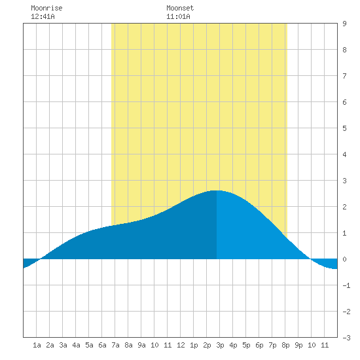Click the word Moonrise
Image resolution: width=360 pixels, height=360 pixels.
[x=46, y=9]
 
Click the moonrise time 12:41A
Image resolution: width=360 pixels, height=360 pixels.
[x=43, y=16]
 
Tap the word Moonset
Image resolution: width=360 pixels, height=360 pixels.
[x=180, y=9]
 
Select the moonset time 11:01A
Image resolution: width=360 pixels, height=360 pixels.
[x=178, y=16]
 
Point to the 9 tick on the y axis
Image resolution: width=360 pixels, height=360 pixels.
[x=344, y=24]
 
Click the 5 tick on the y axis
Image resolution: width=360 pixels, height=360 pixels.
[x=344, y=128]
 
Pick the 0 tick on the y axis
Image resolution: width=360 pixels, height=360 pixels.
[x=344, y=259]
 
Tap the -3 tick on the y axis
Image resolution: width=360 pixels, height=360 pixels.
[x=346, y=338]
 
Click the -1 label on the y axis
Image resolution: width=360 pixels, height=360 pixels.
[x=346, y=285]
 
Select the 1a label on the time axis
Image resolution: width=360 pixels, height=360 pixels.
[x=37, y=345]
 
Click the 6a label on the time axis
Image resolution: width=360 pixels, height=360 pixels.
[x=102, y=345]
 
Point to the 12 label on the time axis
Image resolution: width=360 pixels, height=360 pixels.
[x=181, y=345]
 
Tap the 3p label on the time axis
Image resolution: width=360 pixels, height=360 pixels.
[x=220, y=345]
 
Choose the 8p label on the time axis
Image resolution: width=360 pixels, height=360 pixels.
[x=285, y=345]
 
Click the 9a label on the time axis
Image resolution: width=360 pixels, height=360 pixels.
[x=141, y=345]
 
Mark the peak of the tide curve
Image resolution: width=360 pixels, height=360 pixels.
[x=216, y=190]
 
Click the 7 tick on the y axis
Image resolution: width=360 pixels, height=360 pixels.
[x=344, y=76]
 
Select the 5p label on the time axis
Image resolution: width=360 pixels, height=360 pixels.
[x=246, y=345]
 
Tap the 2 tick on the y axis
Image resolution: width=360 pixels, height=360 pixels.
[x=344, y=207]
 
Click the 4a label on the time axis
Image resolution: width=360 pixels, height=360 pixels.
[x=76, y=345]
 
